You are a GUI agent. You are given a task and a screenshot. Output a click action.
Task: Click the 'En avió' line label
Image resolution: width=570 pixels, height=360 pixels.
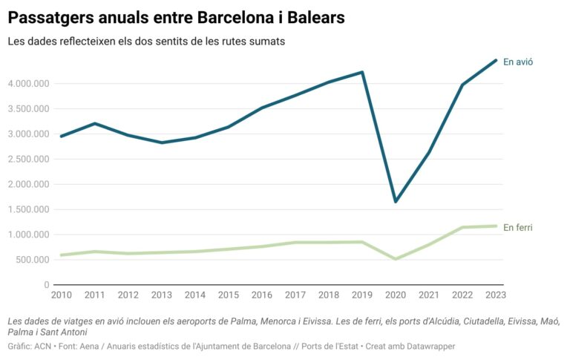(x=518, y=62)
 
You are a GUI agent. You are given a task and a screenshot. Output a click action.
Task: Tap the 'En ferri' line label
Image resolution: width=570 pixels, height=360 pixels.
(x=518, y=227)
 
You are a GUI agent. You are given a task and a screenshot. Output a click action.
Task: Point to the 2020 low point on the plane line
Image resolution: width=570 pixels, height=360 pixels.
(x=396, y=201)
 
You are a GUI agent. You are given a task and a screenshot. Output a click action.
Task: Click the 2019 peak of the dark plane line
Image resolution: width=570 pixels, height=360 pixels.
(x=361, y=72)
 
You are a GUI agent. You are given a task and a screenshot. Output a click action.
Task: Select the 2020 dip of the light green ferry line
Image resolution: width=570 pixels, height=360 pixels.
(x=396, y=259)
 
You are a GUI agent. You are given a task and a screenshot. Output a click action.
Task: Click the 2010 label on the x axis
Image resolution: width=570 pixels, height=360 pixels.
(x=61, y=295)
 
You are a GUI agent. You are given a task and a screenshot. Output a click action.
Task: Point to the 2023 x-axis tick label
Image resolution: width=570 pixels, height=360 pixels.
(x=496, y=295)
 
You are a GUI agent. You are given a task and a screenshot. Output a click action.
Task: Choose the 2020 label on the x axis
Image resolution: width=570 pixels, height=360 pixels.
(x=396, y=295)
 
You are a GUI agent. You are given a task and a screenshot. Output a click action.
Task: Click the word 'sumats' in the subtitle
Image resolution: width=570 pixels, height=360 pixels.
(x=268, y=42)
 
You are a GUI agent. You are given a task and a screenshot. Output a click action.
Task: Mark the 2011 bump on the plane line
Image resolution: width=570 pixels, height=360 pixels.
(x=95, y=123)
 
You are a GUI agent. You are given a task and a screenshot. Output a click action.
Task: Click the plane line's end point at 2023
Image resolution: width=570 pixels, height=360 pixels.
(x=496, y=60)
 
